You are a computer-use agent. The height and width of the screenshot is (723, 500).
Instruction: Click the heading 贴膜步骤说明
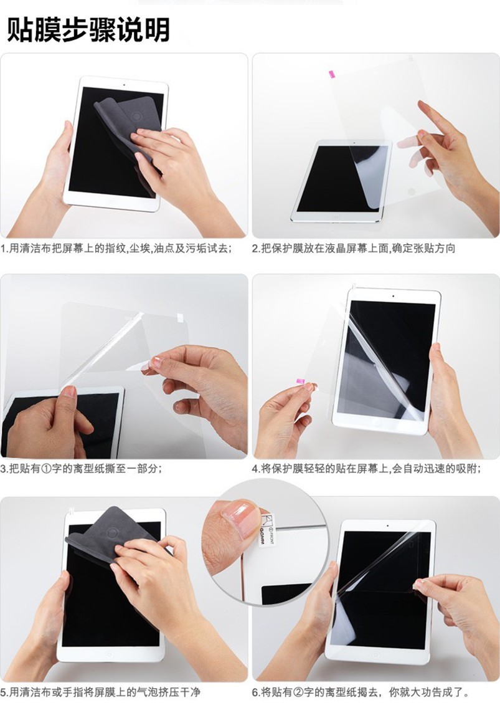(88, 30)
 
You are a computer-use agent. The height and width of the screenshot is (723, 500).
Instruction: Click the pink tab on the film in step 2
(331, 74)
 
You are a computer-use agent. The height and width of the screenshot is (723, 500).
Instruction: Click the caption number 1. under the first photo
(4, 249)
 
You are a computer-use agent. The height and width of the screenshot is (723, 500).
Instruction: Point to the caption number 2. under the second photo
(256, 249)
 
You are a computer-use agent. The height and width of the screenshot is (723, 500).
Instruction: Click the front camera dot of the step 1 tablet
(124, 85)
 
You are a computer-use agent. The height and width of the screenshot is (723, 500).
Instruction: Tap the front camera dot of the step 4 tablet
(393, 295)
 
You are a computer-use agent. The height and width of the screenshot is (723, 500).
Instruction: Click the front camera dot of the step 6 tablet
(387, 525)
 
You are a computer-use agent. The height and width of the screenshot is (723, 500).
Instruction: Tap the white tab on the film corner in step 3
(180, 317)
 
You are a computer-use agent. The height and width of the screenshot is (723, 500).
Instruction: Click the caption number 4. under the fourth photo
(256, 469)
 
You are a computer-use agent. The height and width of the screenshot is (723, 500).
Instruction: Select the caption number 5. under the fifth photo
(4, 692)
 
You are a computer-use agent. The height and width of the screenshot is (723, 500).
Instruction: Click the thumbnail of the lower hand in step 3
(69, 392)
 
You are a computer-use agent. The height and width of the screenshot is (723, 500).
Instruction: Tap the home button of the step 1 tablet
(110, 201)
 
